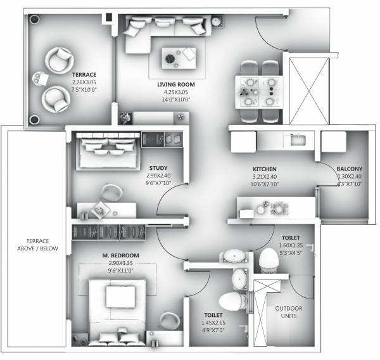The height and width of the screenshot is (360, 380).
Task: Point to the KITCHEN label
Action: pos(263,169)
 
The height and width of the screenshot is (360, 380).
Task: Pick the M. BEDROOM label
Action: pos(120,255)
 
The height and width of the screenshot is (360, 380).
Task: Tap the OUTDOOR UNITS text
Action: pos(289,312)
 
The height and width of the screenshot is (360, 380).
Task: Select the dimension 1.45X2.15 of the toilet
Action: pos(212,323)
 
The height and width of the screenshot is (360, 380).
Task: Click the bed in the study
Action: pos(105,150)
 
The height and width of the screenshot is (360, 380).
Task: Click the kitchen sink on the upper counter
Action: pos(298,139)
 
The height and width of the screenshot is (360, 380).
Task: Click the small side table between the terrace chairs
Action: pos(42,79)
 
